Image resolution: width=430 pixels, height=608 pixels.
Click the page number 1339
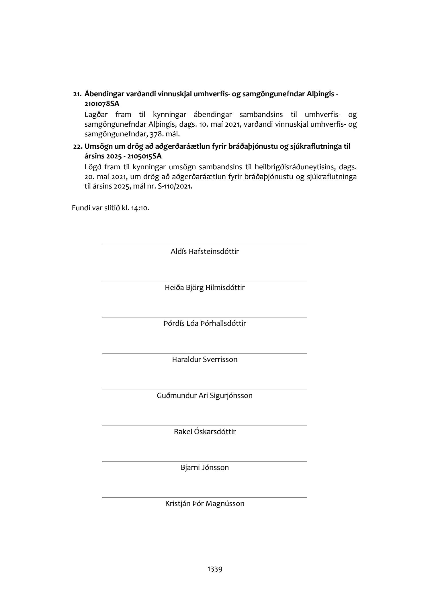click(x=215, y=569)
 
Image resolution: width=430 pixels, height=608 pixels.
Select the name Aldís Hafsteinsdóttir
click(x=205, y=252)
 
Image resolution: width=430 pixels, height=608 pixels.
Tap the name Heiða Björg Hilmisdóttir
click(x=205, y=287)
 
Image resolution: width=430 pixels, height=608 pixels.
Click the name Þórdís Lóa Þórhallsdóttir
click(x=205, y=323)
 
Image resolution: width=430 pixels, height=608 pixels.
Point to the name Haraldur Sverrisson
click(x=205, y=359)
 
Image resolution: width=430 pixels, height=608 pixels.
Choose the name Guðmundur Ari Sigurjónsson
click(x=205, y=396)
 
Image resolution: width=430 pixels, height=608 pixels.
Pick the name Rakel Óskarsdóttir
click(x=205, y=432)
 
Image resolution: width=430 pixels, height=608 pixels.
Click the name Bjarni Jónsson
click(x=205, y=468)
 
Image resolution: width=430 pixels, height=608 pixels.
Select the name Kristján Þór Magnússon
click(x=205, y=504)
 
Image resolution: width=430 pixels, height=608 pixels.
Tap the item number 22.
click(x=77, y=147)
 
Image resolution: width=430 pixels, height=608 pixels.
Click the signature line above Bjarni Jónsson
click(x=205, y=461)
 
